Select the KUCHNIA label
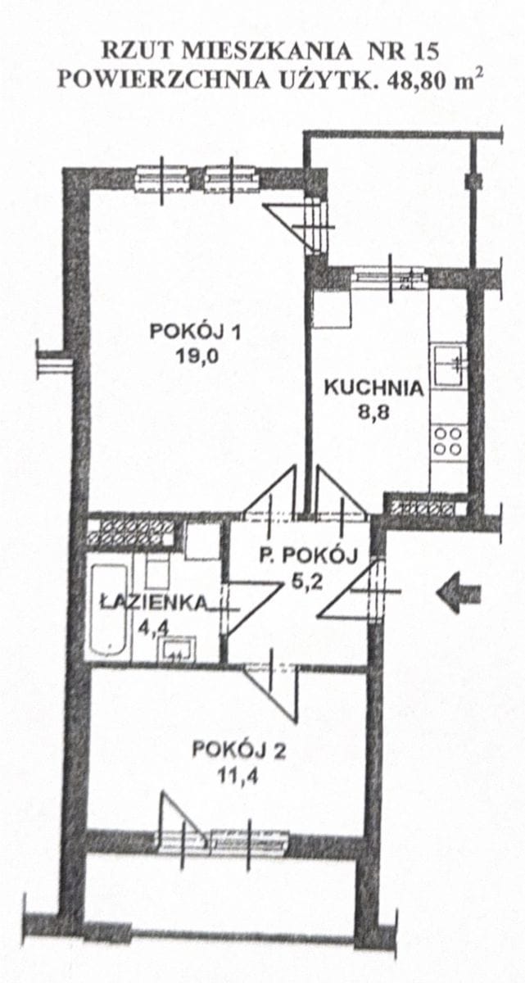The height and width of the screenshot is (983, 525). click(373, 388)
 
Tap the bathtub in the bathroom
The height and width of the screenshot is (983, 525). click(107, 610)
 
